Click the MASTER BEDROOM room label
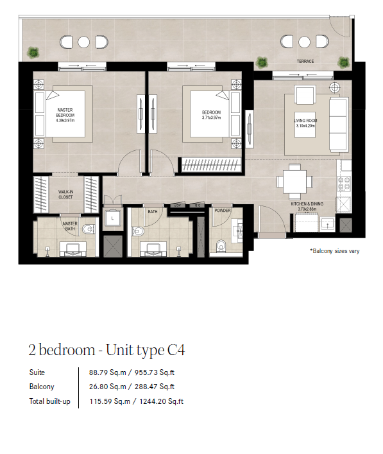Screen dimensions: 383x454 pos(65,112)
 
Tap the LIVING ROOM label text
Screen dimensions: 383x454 pos(305,121)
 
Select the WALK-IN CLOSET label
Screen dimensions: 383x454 pos(65,195)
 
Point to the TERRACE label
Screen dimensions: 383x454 pos(305,62)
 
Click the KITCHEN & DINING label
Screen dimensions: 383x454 pos(307,204)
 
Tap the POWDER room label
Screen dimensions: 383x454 pos(223,211)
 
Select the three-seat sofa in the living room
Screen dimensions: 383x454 pos(339,125)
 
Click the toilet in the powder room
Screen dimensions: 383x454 pos(221,246)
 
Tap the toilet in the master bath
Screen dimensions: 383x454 pos(89,229)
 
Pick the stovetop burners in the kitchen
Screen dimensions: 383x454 pos(345,184)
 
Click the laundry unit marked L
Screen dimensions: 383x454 pos(112,218)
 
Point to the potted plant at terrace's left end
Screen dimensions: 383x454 pos(33,53)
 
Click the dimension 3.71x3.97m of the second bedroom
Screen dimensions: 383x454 pos(211,118)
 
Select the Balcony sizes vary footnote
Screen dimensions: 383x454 pos(335,251)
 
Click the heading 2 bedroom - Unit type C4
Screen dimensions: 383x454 pos(106,350)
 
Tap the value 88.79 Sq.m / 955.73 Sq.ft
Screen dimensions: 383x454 pos(132,372)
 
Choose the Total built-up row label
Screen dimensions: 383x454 pos(50,401)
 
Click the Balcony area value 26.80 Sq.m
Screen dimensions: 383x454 pos(108,387)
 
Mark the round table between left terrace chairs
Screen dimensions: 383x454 pos(83,42)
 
